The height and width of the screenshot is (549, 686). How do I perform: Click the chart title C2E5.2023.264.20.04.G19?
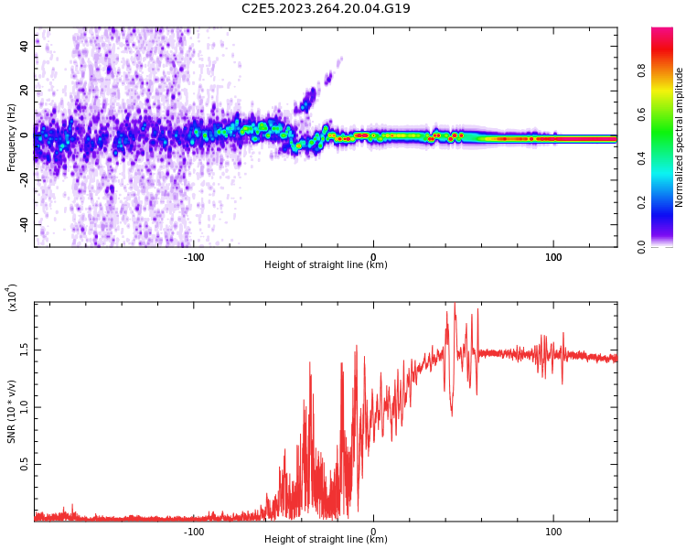coord(326,9)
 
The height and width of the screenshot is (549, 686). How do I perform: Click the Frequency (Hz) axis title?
coord(12,137)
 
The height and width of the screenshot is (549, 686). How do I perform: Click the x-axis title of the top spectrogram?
coord(326,265)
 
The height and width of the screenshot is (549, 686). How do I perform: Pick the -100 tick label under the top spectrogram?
coord(193,257)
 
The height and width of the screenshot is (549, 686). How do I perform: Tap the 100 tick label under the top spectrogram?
coord(553,257)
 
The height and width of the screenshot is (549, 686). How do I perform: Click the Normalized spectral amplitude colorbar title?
coord(680,137)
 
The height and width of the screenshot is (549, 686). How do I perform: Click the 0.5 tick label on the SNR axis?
coord(25,465)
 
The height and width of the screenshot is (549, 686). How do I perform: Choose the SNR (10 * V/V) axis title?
coord(12,412)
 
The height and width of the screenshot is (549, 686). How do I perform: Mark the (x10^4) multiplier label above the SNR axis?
coord(12,297)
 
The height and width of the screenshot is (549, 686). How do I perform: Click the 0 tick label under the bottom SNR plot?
coord(373,531)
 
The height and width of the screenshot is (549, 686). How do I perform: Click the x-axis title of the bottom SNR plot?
coord(326,540)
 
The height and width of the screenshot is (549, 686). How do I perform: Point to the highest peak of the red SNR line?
coord(455,303)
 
